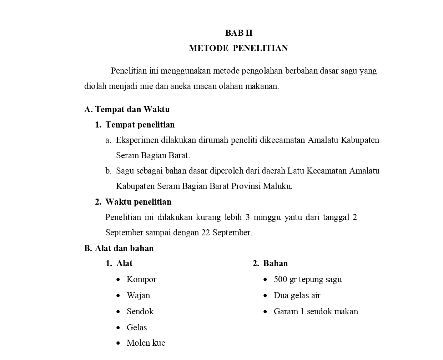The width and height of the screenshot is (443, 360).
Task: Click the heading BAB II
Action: (239, 33)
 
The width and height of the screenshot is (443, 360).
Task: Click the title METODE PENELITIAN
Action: (238, 48)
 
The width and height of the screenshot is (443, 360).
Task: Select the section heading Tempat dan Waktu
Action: (132, 109)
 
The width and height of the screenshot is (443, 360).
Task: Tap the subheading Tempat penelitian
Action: (140, 125)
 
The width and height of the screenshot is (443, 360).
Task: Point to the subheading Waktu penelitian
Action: (138, 202)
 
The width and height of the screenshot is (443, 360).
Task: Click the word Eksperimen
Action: (137, 140)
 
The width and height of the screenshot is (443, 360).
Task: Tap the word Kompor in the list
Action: (141, 279)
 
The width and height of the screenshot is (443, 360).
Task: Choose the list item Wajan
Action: (138, 295)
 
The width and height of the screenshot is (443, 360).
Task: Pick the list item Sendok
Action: (140, 311)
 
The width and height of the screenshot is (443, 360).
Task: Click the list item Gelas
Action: (137, 327)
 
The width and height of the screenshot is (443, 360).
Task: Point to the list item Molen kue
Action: (146, 343)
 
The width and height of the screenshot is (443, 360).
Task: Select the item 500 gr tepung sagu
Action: (307, 279)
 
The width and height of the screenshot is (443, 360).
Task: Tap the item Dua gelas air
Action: (297, 295)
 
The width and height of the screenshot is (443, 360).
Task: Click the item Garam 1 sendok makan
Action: (316, 311)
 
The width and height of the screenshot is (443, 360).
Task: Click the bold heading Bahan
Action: (275, 263)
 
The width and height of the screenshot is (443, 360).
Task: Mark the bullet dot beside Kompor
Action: (118, 280)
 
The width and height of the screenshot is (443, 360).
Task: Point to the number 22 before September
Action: (206, 232)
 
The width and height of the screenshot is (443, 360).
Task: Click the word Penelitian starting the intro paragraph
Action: (129, 71)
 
